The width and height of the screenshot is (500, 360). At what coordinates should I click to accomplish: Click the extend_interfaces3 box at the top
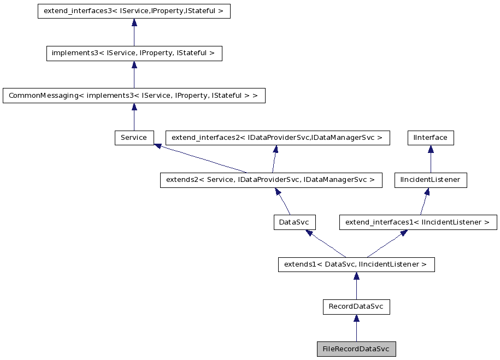coord(134,11)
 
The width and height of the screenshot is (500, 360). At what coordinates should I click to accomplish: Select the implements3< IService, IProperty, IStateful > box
coord(134,53)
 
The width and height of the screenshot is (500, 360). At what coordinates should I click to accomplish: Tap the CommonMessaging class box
coord(134,96)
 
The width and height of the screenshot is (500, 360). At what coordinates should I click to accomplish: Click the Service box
coord(134,138)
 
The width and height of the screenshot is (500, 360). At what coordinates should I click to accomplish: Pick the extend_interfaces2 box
coord(278,138)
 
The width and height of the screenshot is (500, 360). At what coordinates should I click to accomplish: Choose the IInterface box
coord(431,138)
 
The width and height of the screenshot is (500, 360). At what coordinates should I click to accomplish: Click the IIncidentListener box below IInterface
coord(431,180)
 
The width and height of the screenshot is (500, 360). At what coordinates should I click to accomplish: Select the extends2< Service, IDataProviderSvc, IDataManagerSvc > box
coord(271,180)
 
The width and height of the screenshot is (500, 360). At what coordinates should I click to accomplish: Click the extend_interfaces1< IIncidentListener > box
coord(418,222)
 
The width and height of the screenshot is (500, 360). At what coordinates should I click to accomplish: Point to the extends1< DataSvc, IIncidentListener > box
coord(356,264)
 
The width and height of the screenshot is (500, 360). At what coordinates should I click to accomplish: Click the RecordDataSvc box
coord(356,306)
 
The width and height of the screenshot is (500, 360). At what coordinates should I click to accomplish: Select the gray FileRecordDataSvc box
coord(356,349)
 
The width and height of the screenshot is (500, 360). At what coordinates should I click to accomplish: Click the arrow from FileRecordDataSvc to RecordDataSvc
coord(356,328)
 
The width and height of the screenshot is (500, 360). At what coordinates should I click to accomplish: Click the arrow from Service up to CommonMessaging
coord(134,117)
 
